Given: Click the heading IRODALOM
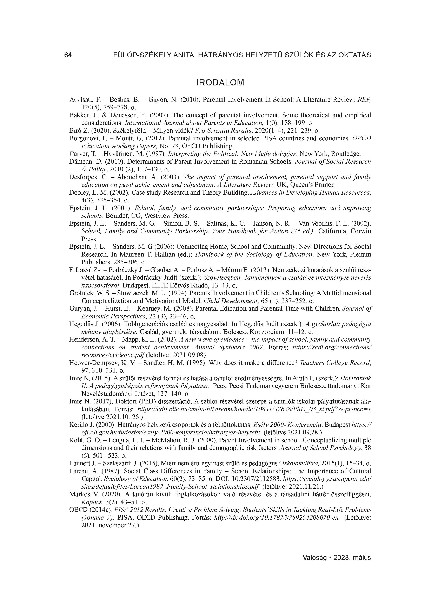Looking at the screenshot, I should coord(220,82).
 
